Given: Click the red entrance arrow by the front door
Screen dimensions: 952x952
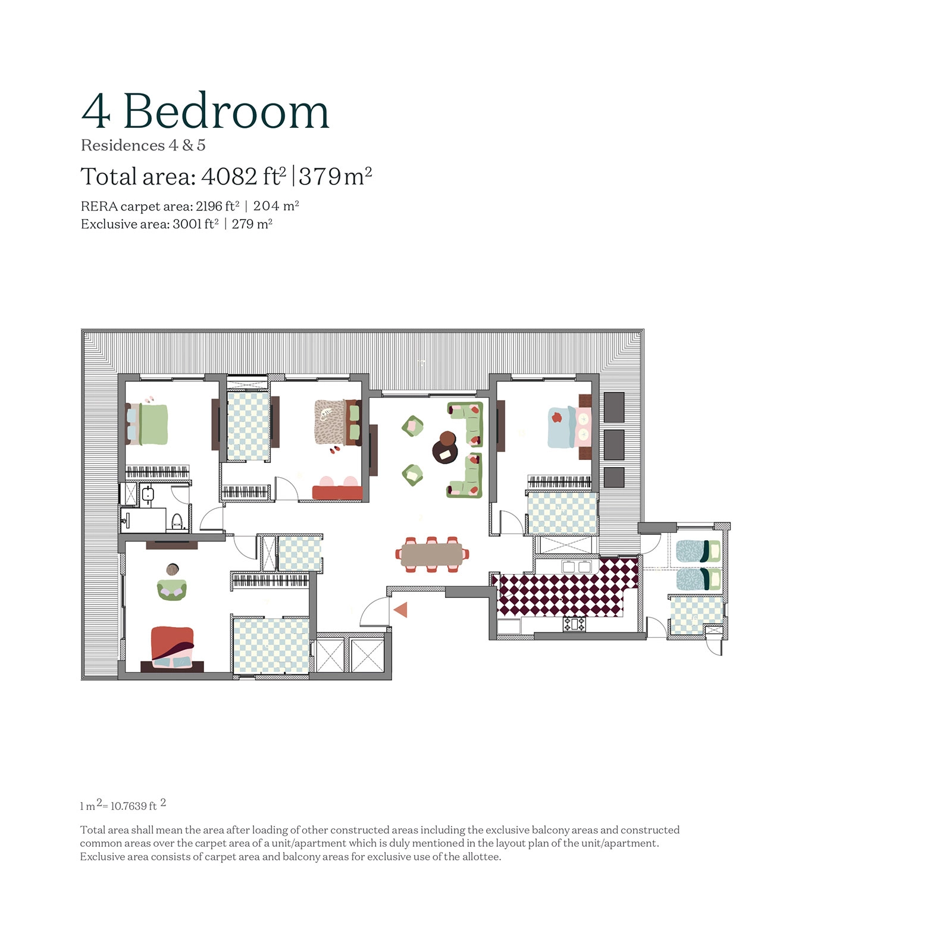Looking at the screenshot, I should [x=401, y=609].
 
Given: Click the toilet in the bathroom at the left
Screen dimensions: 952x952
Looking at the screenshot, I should [x=177, y=521].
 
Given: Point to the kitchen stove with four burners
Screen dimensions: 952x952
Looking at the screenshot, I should [x=574, y=624].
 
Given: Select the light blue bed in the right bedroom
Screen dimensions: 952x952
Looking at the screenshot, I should [x=562, y=427].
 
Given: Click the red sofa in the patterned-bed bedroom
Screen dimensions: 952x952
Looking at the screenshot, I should [x=337, y=492].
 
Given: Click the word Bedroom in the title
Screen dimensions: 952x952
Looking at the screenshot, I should [x=226, y=111].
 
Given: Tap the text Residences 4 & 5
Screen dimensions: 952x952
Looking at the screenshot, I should [x=143, y=145].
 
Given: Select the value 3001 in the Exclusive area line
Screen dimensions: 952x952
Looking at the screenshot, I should [x=187, y=224].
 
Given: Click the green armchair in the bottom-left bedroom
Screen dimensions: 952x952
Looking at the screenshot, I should [x=172, y=589].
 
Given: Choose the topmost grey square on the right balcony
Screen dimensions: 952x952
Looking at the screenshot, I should [x=614, y=407].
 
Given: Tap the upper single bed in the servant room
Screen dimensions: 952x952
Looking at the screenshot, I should [x=697, y=551].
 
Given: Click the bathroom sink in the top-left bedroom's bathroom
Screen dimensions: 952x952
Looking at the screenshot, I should [x=148, y=494].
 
